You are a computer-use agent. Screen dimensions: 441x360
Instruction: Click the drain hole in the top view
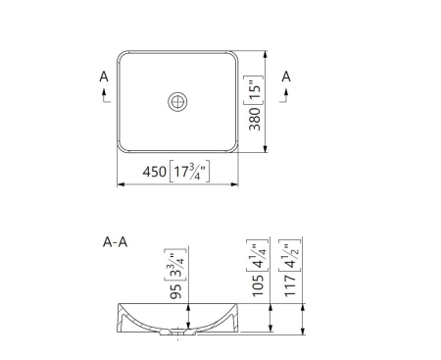(x=177, y=101)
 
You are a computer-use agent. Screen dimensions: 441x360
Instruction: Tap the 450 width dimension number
(x=154, y=172)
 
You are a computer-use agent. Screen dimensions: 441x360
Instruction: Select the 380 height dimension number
(x=255, y=119)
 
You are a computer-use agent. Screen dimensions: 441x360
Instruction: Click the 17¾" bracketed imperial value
(x=189, y=172)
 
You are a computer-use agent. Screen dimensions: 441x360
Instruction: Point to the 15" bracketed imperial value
(x=255, y=90)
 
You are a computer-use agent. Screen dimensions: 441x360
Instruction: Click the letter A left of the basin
(x=104, y=77)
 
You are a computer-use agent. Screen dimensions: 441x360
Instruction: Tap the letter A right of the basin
(x=286, y=77)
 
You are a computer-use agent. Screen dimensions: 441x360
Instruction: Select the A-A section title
(x=115, y=242)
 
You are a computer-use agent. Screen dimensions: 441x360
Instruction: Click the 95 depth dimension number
(x=176, y=291)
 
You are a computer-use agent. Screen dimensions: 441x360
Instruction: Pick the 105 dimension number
(x=258, y=285)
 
